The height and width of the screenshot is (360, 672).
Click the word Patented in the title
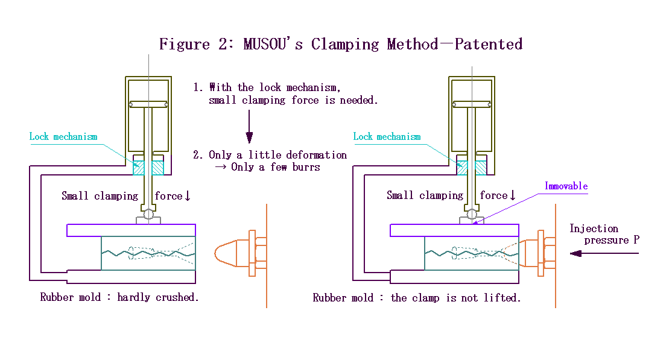[488, 44]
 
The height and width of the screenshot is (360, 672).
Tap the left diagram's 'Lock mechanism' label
[63, 137]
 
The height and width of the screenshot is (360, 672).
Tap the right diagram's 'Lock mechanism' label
[387, 137]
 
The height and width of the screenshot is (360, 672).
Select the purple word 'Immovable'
[566, 186]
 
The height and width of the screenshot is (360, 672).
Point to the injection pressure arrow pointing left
[603, 253]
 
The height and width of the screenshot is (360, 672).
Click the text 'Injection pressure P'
[603, 234]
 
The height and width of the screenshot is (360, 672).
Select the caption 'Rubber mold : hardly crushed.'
[119, 297]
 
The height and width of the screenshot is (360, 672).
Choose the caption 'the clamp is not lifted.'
[455, 297]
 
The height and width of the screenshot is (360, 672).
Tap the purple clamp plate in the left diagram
[131, 230]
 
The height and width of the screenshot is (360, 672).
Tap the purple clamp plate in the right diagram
[454, 230]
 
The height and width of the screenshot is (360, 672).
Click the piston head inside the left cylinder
[148, 104]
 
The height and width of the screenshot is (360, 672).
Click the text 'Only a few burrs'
[275, 167]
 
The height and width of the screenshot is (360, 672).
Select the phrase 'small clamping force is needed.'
[293, 101]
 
